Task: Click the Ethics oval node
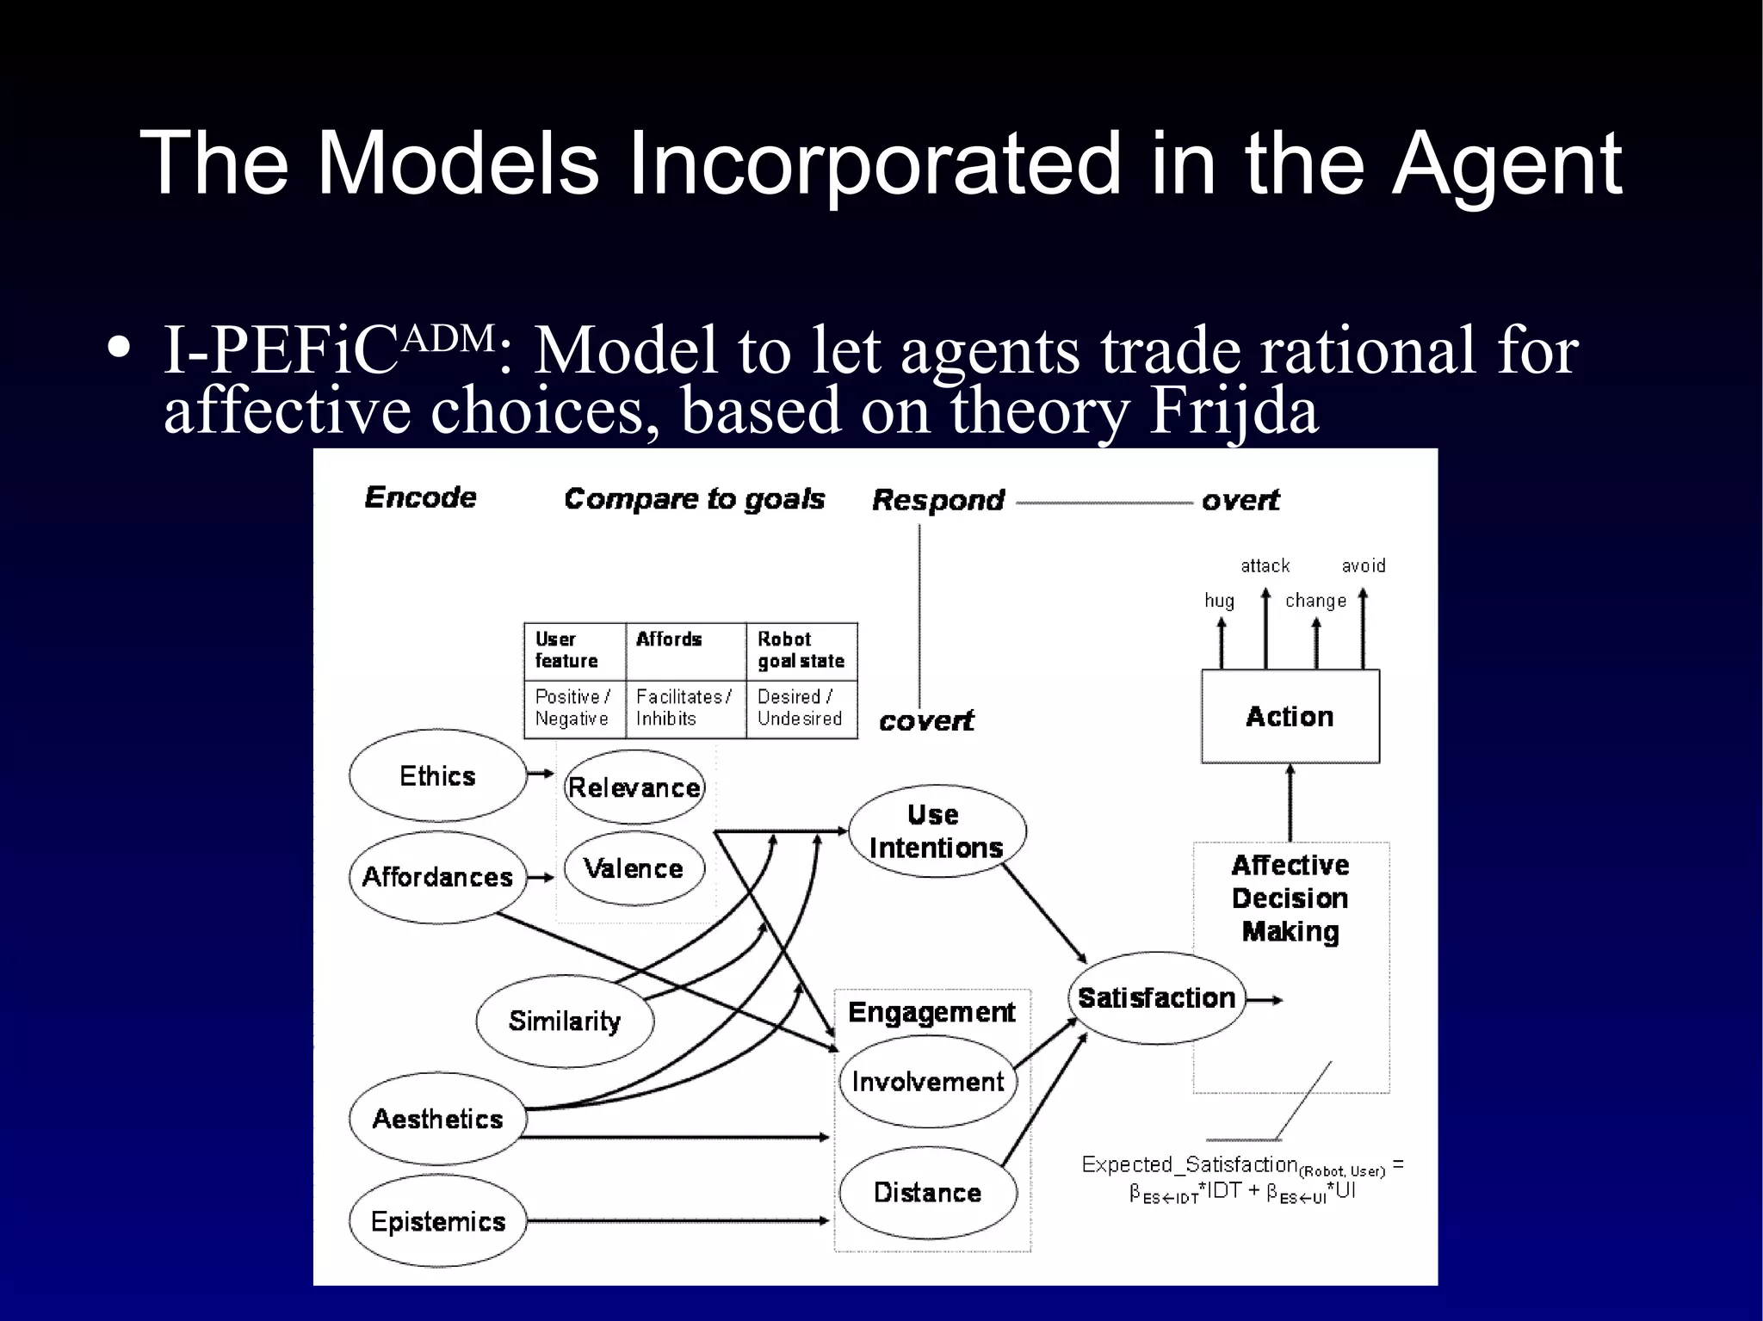point(437,776)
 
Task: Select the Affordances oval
point(437,877)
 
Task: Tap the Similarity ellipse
point(565,1021)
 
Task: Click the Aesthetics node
point(437,1119)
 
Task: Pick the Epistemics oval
point(437,1221)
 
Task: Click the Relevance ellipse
point(634,787)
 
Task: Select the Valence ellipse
point(634,868)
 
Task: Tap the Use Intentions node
point(937,831)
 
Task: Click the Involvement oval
point(928,1082)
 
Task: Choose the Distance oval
point(928,1192)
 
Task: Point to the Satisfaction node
point(1156,998)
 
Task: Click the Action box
point(1290,717)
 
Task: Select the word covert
point(926,721)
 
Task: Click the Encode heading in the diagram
point(421,497)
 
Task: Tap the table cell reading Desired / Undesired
point(800,707)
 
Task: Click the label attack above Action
point(1265,565)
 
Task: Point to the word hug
point(1219,601)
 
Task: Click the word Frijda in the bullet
point(1233,412)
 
